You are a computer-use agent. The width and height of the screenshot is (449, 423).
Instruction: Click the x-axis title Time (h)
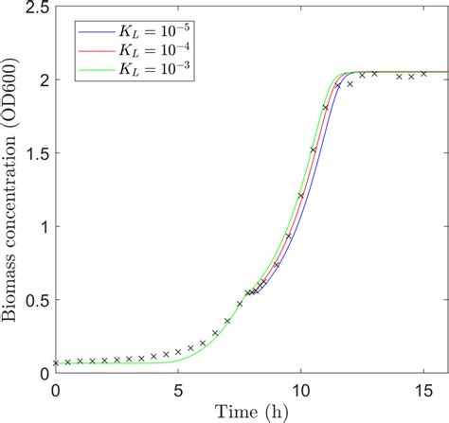click(247, 412)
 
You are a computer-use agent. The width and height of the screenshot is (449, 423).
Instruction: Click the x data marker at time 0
click(56, 362)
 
